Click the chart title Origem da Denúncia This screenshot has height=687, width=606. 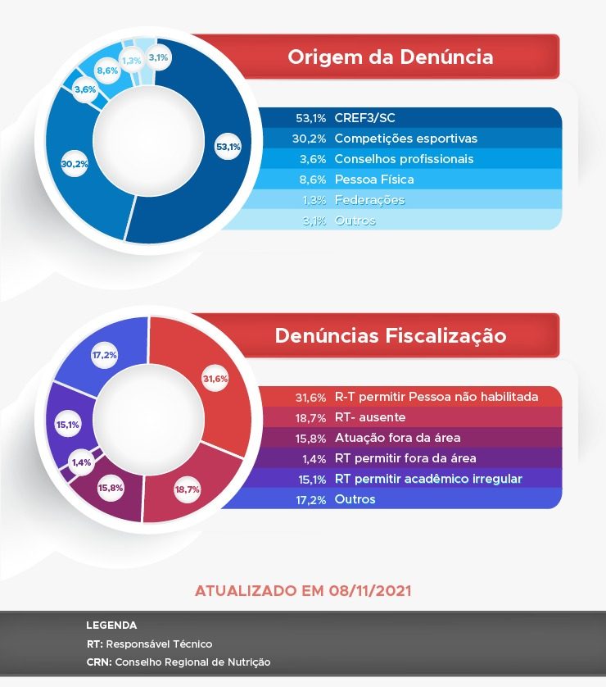[x=390, y=57]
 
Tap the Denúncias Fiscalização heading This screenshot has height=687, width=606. [x=390, y=336]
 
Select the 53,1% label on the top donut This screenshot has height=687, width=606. [x=228, y=148]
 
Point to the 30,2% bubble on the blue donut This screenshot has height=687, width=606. [x=75, y=164]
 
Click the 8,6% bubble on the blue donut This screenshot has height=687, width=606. [x=107, y=71]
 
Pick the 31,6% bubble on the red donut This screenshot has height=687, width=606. [x=215, y=379]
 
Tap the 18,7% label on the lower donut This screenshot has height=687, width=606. [x=187, y=489]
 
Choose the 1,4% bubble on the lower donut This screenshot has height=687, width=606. [x=82, y=462]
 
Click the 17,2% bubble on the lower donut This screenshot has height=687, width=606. [x=104, y=356]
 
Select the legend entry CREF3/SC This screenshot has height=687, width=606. [x=364, y=118]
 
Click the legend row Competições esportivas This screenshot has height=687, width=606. [x=405, y=139]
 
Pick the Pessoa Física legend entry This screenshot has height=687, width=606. [x=374, y=180]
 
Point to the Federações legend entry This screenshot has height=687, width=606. [x=369, y=200]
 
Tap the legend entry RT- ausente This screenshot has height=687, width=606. [x=369, y=417]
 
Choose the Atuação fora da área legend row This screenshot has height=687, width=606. [x=397, y=438]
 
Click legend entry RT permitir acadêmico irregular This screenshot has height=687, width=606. [x=428, y=479]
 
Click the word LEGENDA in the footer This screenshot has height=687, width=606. [x=111, y=626]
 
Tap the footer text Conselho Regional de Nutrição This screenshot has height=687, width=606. [x=192, y=662]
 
